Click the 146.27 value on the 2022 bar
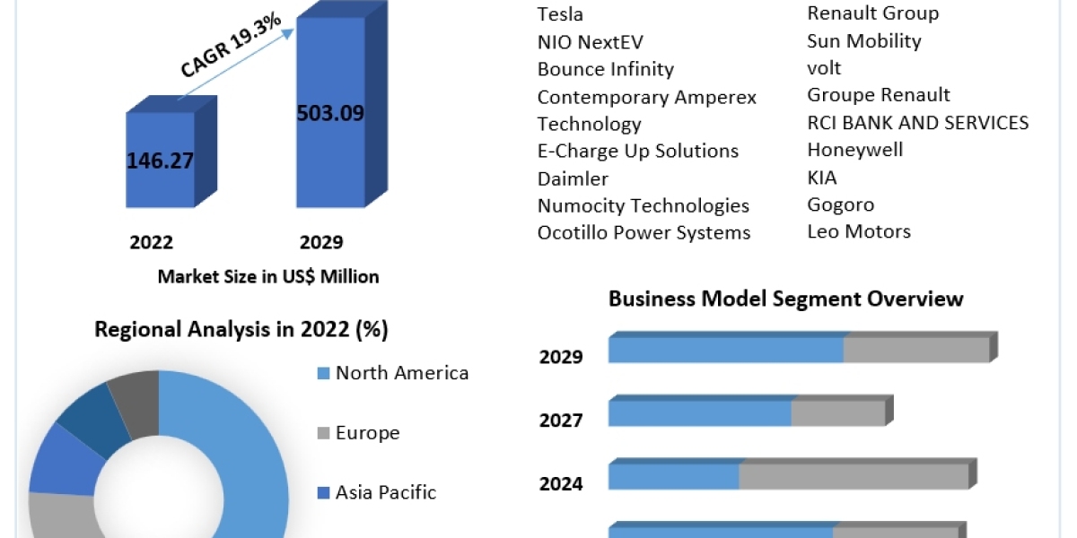click(160, 161)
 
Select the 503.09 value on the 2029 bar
click(330, 114)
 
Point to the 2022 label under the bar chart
click(152, 242)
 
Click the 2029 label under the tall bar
click(321, 242)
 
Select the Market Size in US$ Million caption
click(268, 276)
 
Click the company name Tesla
click(560, 13)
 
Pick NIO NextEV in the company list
click(590, 41)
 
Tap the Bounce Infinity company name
click(605, 69)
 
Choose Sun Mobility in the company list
click(863, 40)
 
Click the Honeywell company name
click(854, 150)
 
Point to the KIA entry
click(821, 178)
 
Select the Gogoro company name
click(840, 204)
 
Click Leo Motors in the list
click(858, 231)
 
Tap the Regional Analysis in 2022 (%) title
click(241, 330)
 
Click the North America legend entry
click(401, 373)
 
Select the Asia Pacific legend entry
click(385, 492)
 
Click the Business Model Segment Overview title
click(785, 299)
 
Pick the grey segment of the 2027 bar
click(837, 413)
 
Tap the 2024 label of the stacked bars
click(561, 484)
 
